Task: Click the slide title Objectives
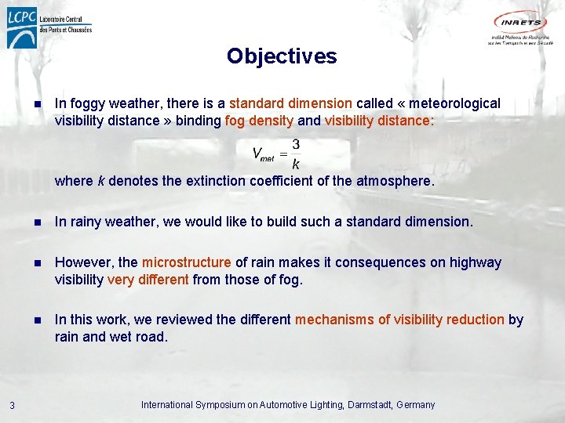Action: click(282, 56)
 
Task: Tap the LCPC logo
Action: click(49, 30)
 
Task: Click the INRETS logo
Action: click(520, 28)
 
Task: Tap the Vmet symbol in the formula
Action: click(263, 154)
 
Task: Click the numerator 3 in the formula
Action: click(295, 144)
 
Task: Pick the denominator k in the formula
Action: click(295, 164)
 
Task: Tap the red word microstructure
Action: click(186, 262)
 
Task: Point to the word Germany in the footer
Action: click(416, 405)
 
